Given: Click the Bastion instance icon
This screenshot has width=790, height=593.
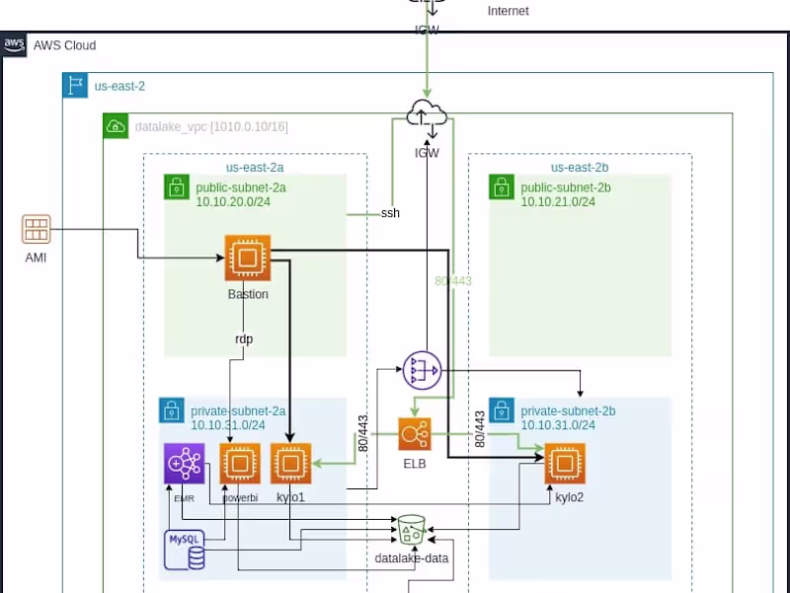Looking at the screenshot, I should click(x=247, y=259).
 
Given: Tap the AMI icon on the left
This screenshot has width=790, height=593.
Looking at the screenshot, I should click(x=37, y=230).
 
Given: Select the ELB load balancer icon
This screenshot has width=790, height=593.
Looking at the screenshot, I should click(x=415, y=435).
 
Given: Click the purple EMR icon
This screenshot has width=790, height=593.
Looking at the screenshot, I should click(x=184, y=463).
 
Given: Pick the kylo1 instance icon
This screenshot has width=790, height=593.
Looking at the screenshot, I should click(x=291, y=463).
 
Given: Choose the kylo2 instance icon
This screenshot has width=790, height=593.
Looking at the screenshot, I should click(x=564, y=464).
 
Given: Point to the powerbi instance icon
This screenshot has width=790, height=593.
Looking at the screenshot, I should click(x=240, y=463).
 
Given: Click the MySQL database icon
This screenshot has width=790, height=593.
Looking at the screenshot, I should click(x=186, y=549).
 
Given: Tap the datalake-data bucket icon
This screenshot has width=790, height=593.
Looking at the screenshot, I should click(x=411, y=532).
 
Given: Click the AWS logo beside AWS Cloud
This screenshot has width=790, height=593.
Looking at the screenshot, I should click(x=14, y=45).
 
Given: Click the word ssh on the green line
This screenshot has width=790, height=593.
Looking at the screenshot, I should click(x=390, y=213).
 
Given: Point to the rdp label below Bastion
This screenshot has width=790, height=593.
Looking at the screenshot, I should click(x=243, y=338).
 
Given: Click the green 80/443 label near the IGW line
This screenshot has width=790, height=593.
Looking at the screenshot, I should click(x=453, y=281).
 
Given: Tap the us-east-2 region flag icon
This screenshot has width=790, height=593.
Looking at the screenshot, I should click(x=74, y=86).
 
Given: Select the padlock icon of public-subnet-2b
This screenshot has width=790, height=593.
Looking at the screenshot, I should click(x=501, y=186).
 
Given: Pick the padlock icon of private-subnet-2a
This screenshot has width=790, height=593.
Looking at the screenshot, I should click(x=171, y=409).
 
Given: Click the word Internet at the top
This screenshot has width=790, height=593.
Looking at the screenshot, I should click(x=508, y=11).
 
